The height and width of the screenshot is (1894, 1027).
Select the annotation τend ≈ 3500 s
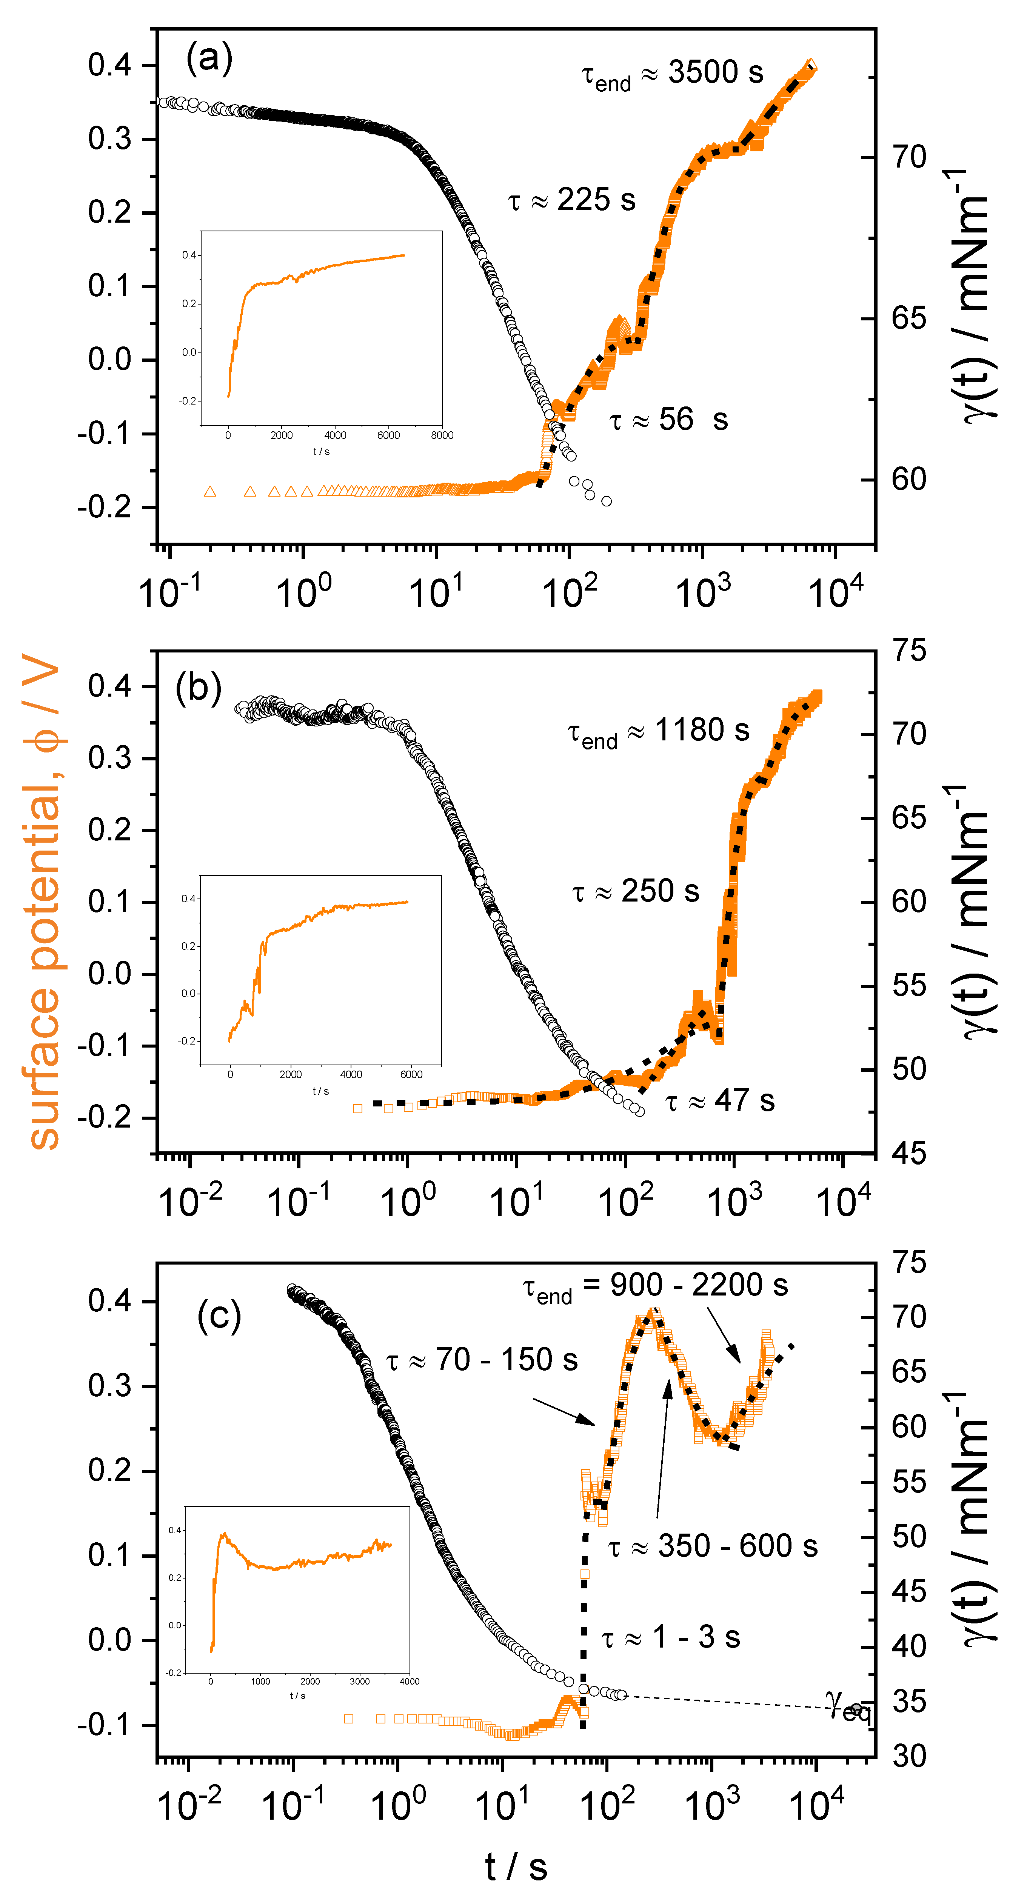[672, 74]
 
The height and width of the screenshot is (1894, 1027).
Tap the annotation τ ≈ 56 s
[668, 420]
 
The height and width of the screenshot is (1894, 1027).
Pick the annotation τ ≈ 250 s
[635, 891]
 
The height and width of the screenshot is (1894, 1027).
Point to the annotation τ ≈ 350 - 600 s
[712, 1546]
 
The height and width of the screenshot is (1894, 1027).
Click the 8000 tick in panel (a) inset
[442, 435]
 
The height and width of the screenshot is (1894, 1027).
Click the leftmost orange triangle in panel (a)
[210, 491]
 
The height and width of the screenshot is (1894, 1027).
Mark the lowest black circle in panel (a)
[607, 502]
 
